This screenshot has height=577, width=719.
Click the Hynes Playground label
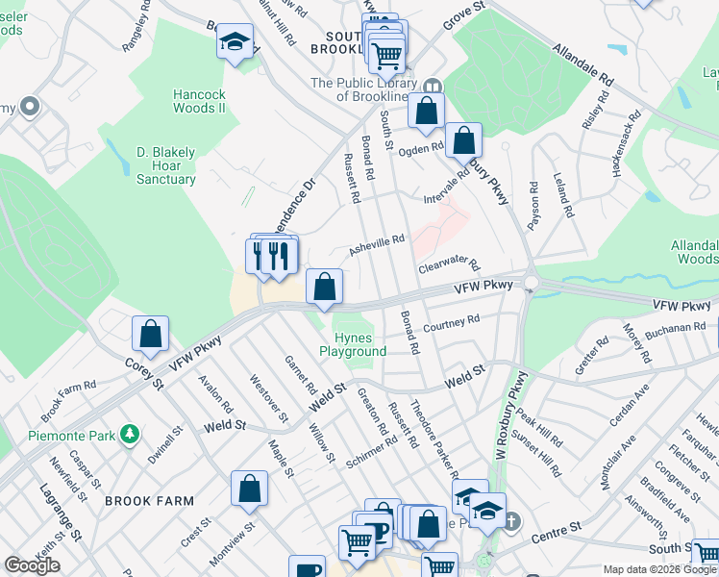pyautogui.click(x=359, y=344)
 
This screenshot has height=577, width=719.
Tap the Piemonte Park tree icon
pyautogui.click(x=129, y=437)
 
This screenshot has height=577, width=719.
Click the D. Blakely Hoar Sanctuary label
pyautogui.click(x=165, y=165)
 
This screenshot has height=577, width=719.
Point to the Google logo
pyautogui.click(x=33, y=565)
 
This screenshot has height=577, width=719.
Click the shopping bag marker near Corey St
pyautogui.click(x=150, y=335)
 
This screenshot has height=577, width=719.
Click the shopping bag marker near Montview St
pyautogui.click(x=249, y=489)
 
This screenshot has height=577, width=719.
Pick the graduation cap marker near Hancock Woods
pyautogui.click(x=234, y=42)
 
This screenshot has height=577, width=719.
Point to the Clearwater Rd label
pyautogui.click(x=447, y=263)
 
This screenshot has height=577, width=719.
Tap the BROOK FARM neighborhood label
pyautogui.click(x=149, y=501)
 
